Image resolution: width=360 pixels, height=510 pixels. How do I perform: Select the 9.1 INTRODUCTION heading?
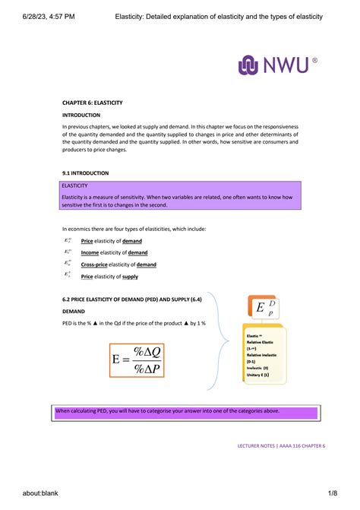click(x=85, y=173)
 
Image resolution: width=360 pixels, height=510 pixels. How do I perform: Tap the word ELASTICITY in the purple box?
click(x=75, y=185)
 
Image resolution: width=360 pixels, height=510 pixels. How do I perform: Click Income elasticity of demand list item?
click(x=114, y=252)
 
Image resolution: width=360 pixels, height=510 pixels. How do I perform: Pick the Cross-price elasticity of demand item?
click(x=118, y=265)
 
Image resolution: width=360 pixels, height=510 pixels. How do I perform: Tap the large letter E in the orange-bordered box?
click(x=261, y=308)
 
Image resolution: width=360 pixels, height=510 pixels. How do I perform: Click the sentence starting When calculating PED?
click(x=167, y=411)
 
